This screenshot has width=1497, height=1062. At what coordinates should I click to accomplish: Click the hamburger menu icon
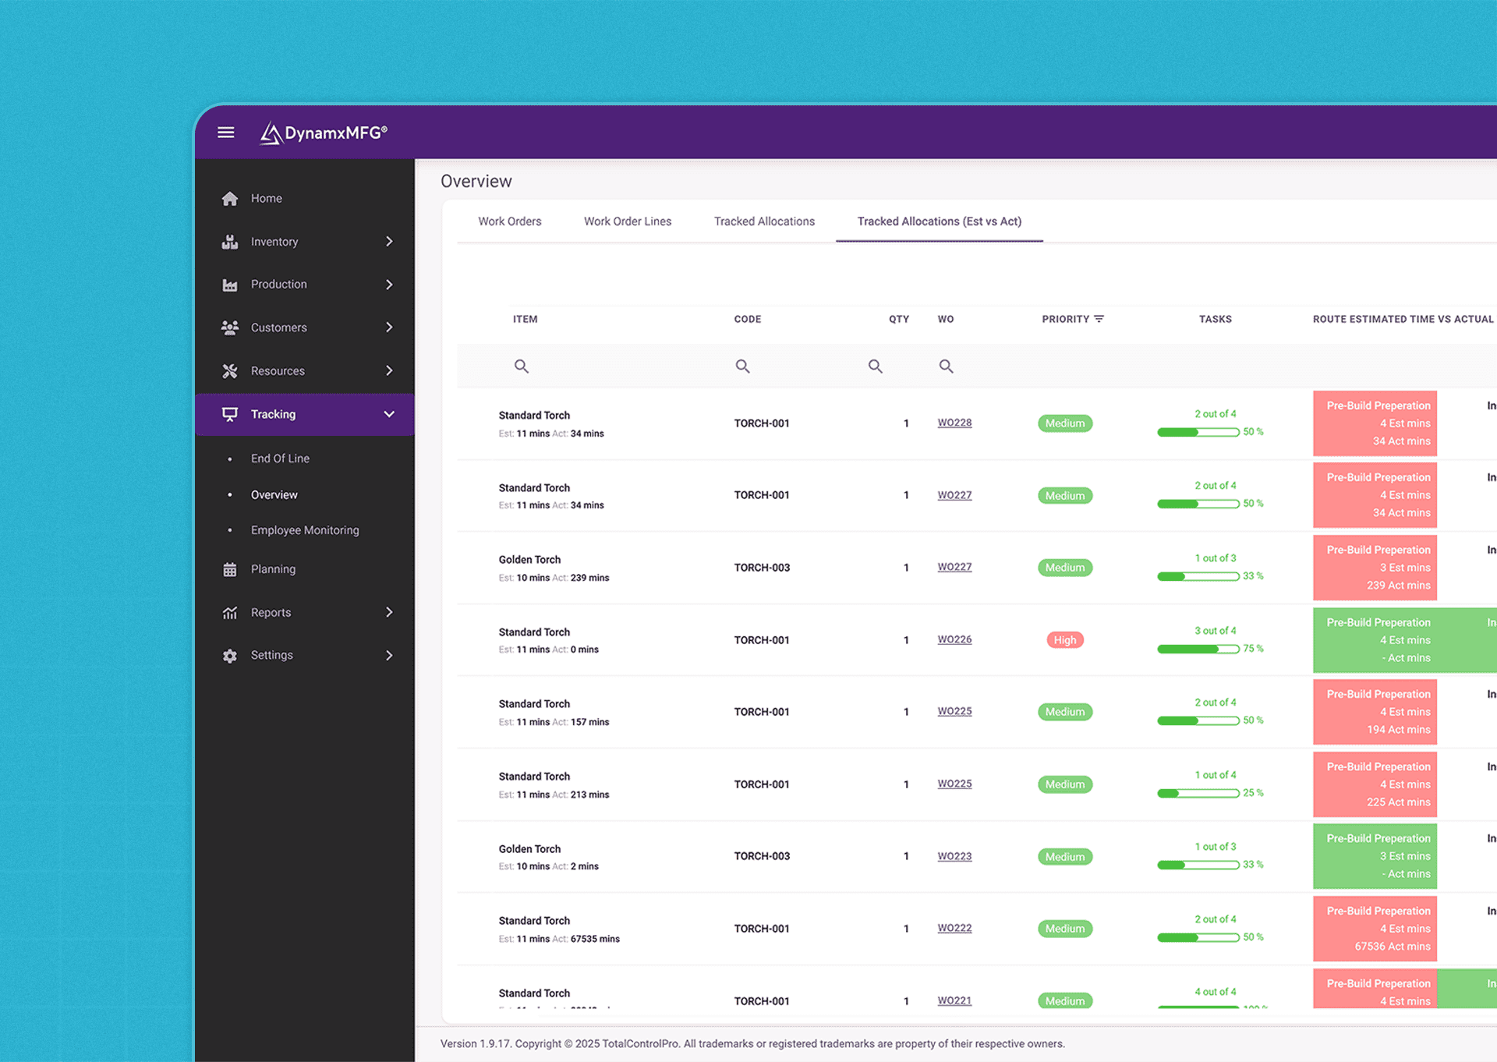(x=225, y=133)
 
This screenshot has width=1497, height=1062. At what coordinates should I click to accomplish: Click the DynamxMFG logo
(x=324, y=133)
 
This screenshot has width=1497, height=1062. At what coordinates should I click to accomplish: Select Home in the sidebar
(x=266, y=199)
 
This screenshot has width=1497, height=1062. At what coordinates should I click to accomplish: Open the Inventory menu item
(x=274, y=242)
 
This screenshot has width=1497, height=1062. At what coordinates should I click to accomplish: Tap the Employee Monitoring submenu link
(x=305, y=530)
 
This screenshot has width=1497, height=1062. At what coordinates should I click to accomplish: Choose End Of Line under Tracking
(x=280, y=458)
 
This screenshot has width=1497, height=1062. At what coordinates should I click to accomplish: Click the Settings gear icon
(x=230, y=656)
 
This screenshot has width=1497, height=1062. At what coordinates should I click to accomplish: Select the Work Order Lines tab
(x=627, y=221)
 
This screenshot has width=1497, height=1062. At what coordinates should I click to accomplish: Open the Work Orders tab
(x=509, y=221)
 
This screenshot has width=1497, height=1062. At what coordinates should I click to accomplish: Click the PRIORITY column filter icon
(x=1099, y=319)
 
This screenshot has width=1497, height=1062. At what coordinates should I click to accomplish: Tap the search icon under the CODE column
(x=742, y=366)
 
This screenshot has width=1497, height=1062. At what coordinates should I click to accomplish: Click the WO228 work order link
(x=954, y=423)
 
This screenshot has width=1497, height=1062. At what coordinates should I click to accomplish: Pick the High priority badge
(x=1064, y=640)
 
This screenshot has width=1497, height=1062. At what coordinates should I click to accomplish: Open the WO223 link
(x=954, y=856)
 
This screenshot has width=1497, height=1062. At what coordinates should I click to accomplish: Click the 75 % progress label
(x=1253, y=649)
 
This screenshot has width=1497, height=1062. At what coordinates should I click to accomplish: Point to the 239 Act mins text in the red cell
(x=1398, y=586)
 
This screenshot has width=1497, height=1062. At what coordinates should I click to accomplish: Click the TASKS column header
(x=1215, y=319)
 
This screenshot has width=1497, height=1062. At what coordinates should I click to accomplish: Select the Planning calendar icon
(x=230, y=570)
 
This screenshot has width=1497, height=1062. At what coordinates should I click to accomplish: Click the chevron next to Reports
(x=389, y=613)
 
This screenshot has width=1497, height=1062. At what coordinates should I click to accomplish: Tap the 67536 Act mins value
(x=1392, y=947)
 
